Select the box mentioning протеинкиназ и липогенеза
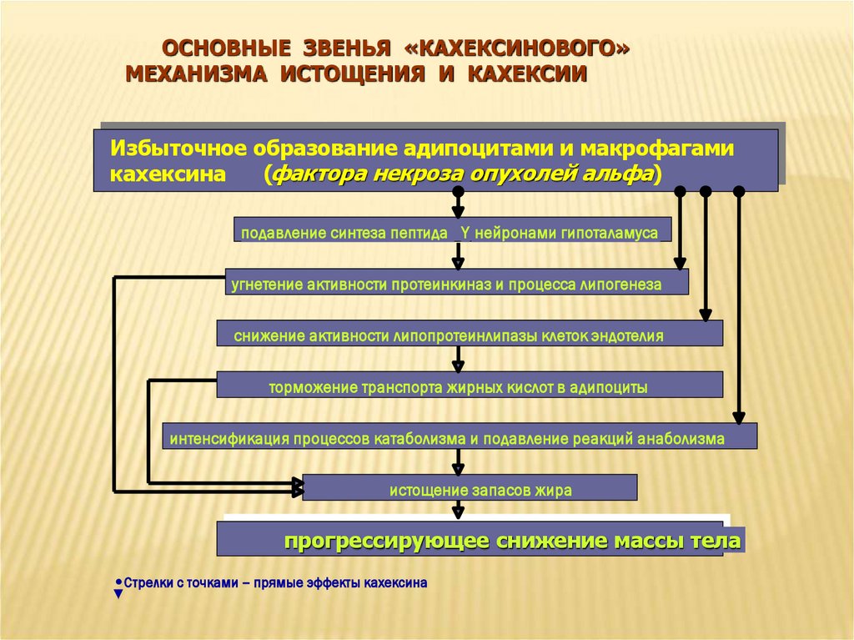456,283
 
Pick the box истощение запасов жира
470,488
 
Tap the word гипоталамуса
617,234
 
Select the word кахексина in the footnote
397,584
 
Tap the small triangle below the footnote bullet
118,594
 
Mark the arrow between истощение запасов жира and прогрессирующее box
457,510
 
